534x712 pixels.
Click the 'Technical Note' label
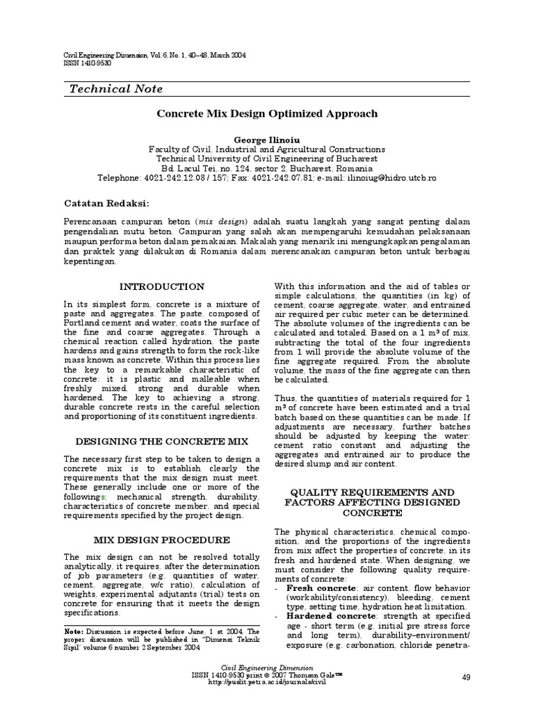116,88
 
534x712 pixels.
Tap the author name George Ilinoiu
266,139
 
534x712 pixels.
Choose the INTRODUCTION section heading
162,286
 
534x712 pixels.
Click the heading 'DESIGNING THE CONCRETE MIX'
162,442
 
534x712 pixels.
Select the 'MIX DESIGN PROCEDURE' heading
162,540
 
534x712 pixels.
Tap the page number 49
466,677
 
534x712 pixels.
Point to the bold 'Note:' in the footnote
74,631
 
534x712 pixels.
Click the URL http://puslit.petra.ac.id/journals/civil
266,683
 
